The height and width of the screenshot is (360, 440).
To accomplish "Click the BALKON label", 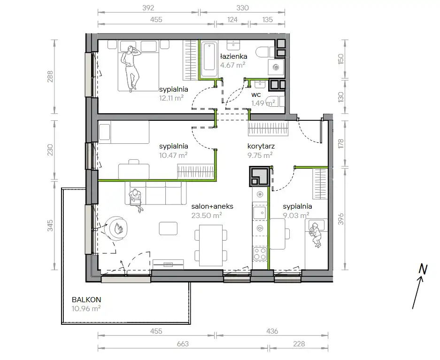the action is (86, 300).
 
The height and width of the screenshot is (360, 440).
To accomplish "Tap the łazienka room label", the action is (233, 56).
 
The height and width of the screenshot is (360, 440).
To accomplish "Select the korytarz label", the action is (261, 146).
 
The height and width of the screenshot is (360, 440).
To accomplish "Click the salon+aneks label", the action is (212, 206).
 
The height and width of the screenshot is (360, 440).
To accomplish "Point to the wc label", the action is (256, 94).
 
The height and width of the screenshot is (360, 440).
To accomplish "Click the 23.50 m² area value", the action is (207, 215).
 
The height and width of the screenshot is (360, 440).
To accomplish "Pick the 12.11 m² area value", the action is (171, 98).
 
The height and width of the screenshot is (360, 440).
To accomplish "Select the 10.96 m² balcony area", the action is (86, 309).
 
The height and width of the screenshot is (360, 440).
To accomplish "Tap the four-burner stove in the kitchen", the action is (260, 254).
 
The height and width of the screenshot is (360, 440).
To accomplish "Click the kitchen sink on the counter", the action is (260, 212).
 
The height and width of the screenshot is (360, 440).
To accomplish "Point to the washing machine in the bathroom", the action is (276, 67).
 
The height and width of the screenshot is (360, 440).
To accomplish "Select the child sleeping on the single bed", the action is (316, 234).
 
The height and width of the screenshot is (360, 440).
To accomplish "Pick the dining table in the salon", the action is (211, 245).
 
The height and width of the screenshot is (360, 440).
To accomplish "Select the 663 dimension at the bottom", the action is (183, 344).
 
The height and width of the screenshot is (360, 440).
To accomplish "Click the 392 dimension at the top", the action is (148, 8).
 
